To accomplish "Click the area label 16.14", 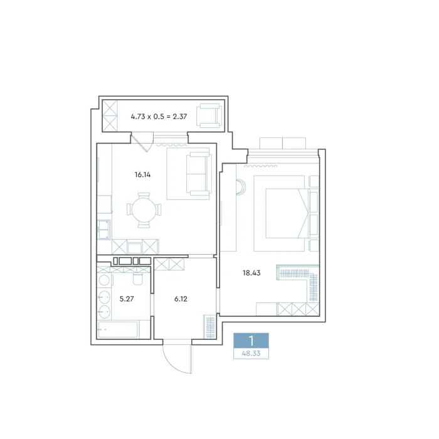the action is click(x=142, y=175).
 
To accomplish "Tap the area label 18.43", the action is click(x=251, y=273).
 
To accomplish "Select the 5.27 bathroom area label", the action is click(x=127, y=299).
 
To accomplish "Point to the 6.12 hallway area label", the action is click(x=181, y=299).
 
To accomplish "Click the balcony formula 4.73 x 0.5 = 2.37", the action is click(x=159, y=117).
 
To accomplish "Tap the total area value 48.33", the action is click(x=251, y=354).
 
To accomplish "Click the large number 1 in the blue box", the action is click(x=251, y=341).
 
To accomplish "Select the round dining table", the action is click(x=144, y=209).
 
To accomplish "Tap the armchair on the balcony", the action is click(x=209, y=115).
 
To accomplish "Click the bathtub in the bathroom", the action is click(x=118, y=329).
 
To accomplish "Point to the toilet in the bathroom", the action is click(x=137, y=278).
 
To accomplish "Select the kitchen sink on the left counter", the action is click(x=104, y=230).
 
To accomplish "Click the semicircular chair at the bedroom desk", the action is click(x=241, y=187).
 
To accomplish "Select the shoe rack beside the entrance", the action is click(x=209, y=327).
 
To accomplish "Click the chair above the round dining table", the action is click(x=144, y=195).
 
